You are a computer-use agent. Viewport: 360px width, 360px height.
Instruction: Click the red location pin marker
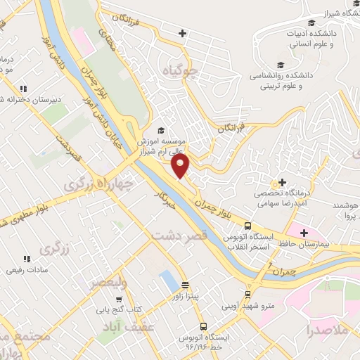181,166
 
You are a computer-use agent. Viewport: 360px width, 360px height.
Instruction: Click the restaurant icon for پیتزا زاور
185,285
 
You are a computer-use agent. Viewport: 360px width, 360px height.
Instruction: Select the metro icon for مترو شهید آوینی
247,295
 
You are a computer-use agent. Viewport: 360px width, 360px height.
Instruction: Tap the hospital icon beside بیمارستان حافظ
304,232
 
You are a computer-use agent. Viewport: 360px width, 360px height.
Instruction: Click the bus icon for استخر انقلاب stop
247,226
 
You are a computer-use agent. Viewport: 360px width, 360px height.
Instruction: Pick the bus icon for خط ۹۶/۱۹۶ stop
202,327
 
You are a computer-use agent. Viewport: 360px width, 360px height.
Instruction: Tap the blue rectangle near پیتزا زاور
168,281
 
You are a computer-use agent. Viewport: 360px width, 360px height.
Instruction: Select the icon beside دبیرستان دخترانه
22,89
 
